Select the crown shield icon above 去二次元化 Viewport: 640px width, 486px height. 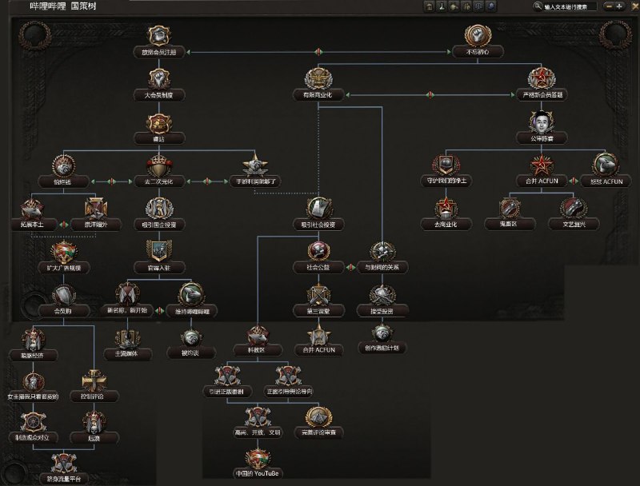tap(158, 165)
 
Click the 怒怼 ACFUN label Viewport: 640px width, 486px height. tap(606, 181)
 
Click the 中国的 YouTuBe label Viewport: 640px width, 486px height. tap(258, 473)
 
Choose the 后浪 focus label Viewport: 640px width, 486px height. tap(94, 437)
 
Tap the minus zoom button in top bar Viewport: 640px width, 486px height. tap(610, 6)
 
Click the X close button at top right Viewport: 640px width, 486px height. tap(632, 6)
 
